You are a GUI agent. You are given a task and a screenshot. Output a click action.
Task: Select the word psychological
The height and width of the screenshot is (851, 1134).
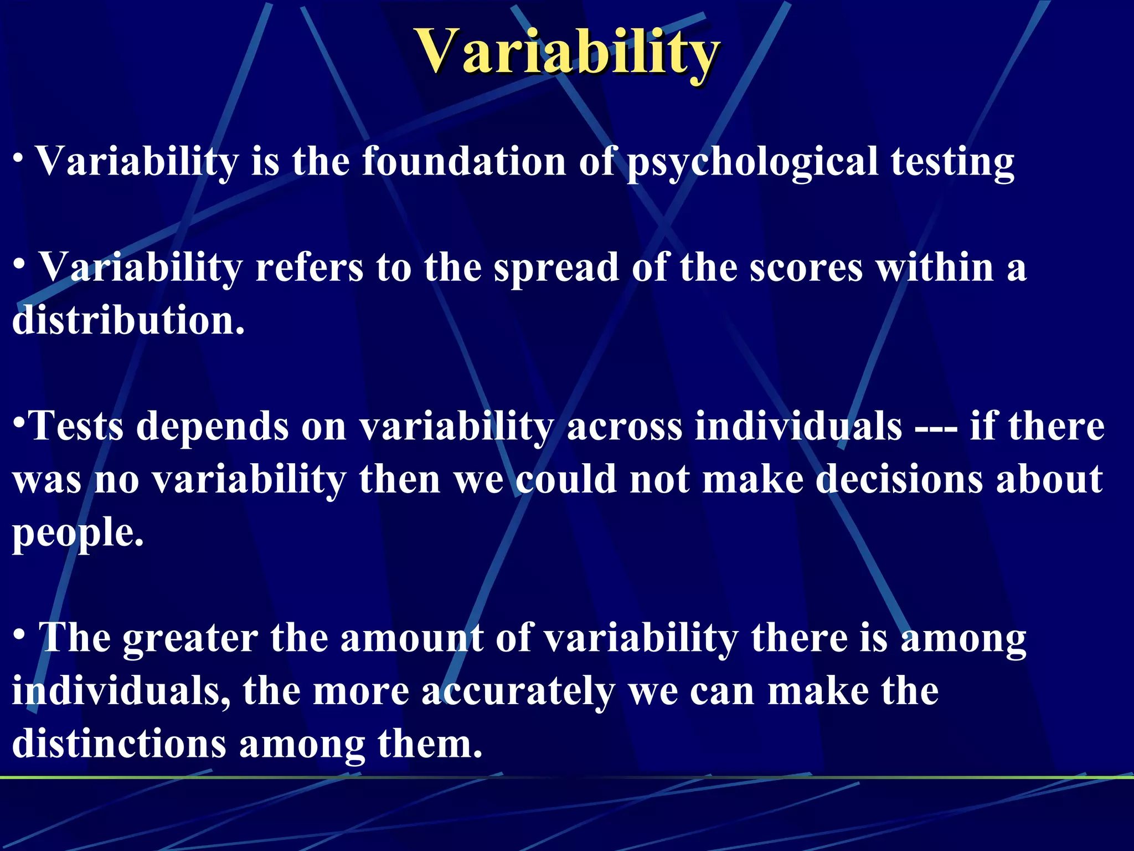point(752,162)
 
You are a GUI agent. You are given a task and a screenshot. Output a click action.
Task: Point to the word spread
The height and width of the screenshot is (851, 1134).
point(556,268)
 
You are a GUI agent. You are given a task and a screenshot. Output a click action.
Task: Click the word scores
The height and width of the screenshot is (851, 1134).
point(806,268)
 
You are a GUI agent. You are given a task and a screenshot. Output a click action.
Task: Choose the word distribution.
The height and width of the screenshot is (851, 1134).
point(128,321)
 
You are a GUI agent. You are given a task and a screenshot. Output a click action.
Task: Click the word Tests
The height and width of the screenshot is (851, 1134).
point(76,427)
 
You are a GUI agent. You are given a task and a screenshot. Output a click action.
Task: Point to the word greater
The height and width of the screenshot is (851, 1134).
point(190,639)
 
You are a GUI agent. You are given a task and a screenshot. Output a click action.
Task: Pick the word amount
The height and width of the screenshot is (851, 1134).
point(411,639)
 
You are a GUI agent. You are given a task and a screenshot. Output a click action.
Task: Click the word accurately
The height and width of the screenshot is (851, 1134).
point(518,692)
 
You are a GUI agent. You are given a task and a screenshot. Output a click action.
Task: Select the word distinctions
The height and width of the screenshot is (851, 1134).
point(119,744)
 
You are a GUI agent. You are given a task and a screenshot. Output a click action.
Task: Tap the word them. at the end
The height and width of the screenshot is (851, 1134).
point(430,744)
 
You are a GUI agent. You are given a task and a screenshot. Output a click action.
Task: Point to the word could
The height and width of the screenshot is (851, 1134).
point(566,479)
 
